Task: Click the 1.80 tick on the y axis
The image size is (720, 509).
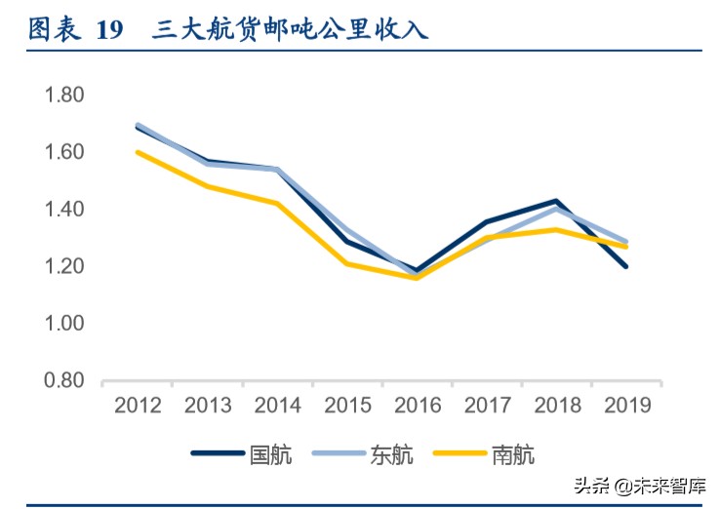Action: [64, 96]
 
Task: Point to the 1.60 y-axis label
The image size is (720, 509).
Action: [64, 152]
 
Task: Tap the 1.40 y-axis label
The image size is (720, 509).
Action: [64, 209]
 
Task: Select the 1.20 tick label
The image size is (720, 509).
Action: [64, 266]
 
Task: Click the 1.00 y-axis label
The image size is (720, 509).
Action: [64, 323]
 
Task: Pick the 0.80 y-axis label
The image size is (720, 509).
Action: [64, 380]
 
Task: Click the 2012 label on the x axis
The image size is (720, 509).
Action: [138, 406]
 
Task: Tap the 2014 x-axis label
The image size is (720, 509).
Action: [277, 406]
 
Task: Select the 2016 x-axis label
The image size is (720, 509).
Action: [417, 406]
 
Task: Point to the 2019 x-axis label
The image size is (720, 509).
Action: [626, 406]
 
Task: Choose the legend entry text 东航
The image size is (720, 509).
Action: [391, 453]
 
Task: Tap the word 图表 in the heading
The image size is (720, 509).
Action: [53, 29]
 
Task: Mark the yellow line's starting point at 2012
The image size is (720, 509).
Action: [138, 152]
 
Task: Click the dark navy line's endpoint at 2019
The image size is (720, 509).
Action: [625, 266]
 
